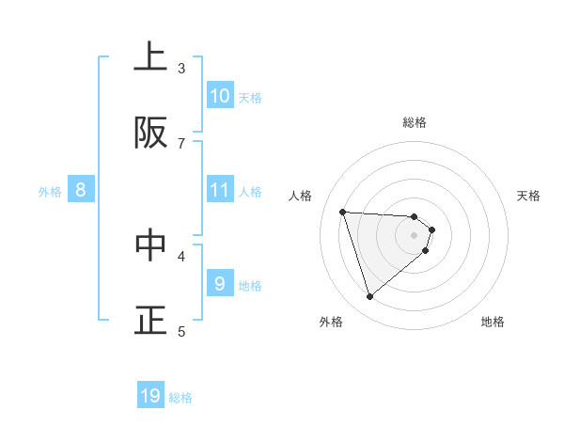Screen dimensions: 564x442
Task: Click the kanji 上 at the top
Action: click(x=150, y=57)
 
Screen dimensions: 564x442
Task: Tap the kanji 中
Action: click(x=150, y=245)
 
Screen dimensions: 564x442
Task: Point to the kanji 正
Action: click(x=150, y=320)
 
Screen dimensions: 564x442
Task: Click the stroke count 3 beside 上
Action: click(x=181, y=68)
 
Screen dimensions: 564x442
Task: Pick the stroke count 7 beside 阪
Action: click(x=181, y=143)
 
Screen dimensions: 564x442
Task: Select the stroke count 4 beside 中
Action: click(x=181, y=255)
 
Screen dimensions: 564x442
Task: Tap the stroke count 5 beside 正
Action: click(x=181, y=331)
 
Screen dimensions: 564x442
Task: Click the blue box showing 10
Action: click(x=220, y=96)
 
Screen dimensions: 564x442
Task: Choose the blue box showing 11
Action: click(x=220, y=190)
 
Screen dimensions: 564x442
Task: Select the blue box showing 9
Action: click(x=220, y=283)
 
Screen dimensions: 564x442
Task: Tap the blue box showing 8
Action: click(x=81, y=190)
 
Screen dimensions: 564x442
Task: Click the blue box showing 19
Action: click(x=150, y=396)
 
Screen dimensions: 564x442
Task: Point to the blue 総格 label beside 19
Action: click(x=181, y=398)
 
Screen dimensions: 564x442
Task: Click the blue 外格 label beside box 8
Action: click(x=50, y=192)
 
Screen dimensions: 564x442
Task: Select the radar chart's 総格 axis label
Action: click(x=415, y=122)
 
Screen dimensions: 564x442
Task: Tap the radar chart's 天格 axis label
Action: click(x=529, y=196)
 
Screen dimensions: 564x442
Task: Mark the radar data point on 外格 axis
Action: click(x=369, y=297)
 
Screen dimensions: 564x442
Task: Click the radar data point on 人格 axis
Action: click(x=343, y=212)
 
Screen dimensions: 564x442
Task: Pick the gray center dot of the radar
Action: click(x=415, y=235)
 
